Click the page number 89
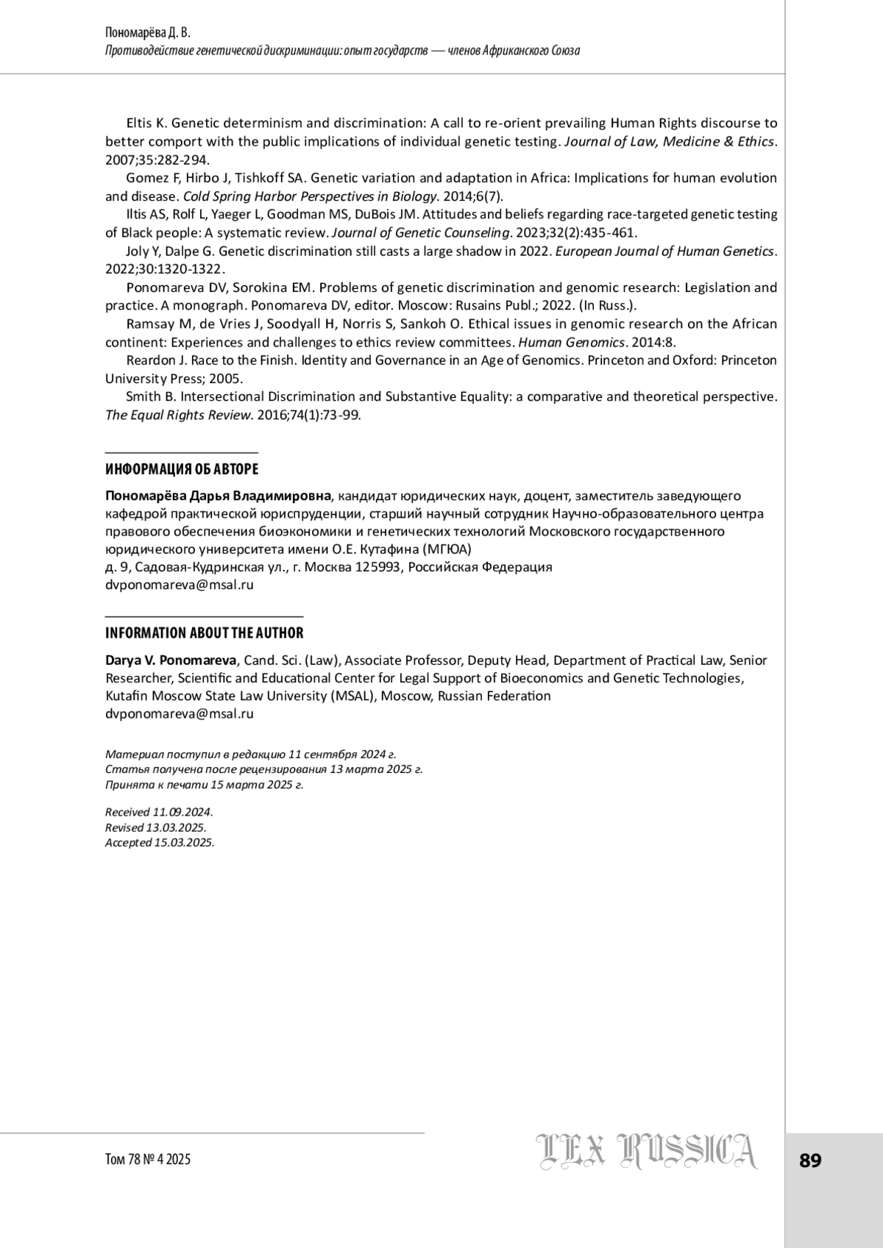coord(809,1161)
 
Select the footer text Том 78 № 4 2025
coord(148,1160)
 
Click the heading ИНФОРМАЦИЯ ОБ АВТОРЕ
coord(182,469)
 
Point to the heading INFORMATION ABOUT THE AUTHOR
coord(204,633)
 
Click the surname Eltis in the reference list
coord(140,123)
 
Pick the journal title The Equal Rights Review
coord(178,415)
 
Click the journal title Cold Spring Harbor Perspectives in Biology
coord(310,196)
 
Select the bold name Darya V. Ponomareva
coord(171,660)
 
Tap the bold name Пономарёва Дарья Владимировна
coord(219,496)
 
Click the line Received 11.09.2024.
coord(159,813)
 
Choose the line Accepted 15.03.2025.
coord(160,843)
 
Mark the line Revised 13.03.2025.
coord(155,827)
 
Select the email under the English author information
coord(180,713)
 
